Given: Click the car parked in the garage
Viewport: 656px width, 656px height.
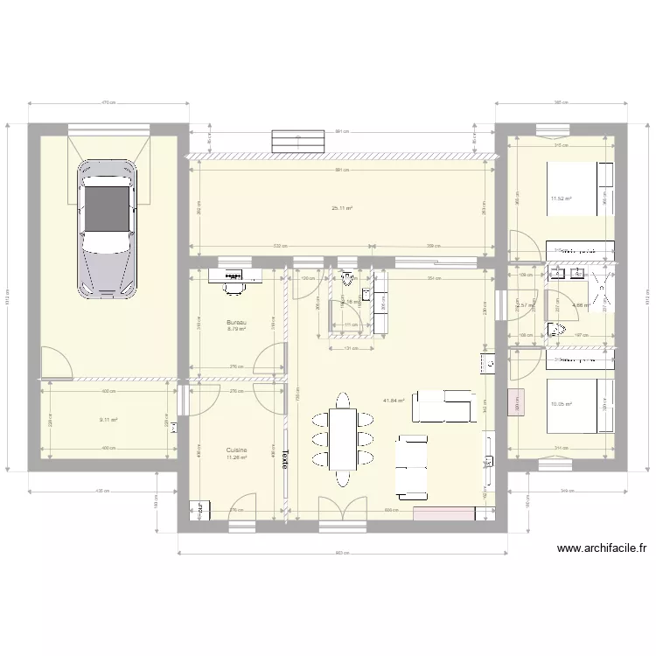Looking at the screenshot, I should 108,229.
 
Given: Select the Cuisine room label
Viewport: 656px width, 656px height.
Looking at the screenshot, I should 236,451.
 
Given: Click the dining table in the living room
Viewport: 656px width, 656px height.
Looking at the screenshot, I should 343,438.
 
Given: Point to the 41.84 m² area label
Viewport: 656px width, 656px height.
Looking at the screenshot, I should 393,401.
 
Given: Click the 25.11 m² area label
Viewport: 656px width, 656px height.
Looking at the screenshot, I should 341,208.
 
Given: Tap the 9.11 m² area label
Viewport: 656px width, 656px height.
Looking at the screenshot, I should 108,419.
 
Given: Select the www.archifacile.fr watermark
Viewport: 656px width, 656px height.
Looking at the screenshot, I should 602,549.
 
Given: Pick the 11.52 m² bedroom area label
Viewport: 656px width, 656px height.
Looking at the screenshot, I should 560,199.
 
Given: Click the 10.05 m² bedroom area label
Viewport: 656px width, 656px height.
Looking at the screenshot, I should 560,404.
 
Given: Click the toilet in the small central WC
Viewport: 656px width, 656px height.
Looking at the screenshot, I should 349,280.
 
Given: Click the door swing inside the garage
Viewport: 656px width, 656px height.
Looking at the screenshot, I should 54,363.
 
